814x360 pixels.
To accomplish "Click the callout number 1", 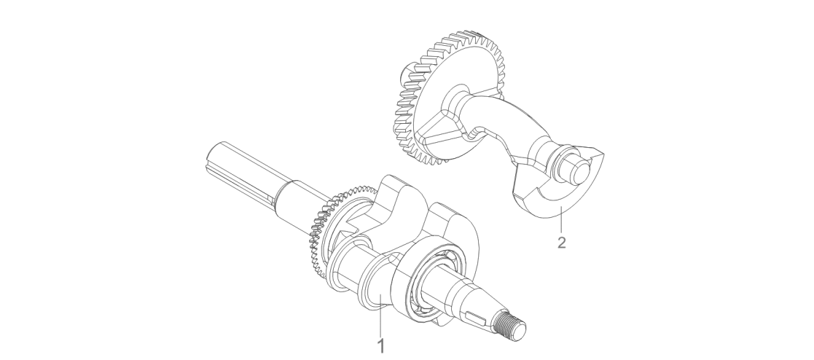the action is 382,346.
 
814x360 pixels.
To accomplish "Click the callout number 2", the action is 561,242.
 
